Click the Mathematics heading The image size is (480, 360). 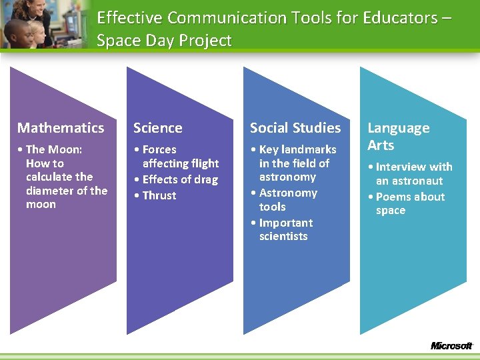(61, 128)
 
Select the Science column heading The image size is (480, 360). (157, 128)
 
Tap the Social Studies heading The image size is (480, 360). (295, 128)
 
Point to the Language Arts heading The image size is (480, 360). (399, 137)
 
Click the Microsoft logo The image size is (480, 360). (451, 346)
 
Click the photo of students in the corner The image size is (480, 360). (40, 25)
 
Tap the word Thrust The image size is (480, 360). (159, 195)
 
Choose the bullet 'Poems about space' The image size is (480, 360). (409, 203)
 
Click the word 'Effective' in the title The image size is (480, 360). (130, 17)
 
